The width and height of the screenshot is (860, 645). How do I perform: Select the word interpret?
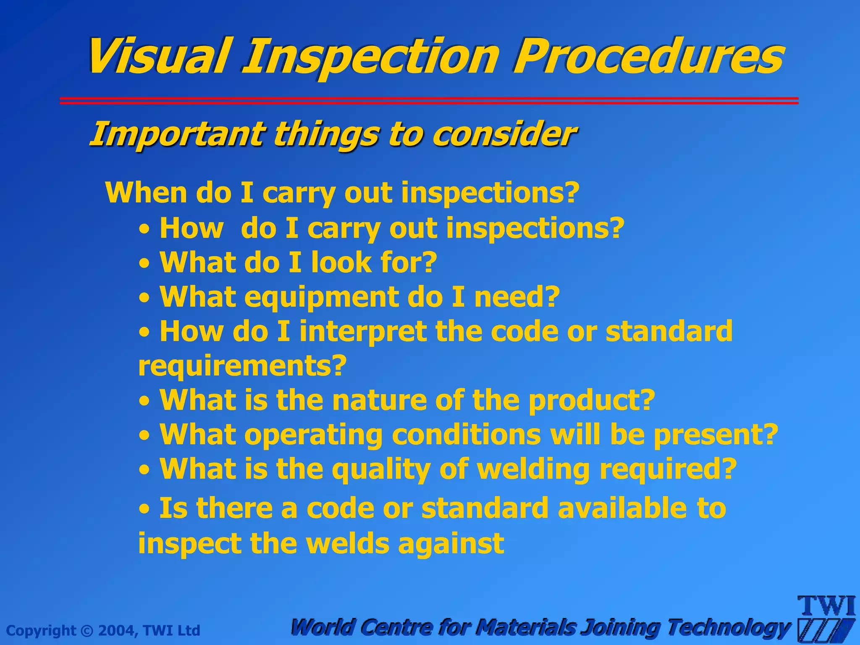point(363,332)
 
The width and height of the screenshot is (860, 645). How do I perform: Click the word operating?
point(313,435)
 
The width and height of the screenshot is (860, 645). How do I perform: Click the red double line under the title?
point(428,101)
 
